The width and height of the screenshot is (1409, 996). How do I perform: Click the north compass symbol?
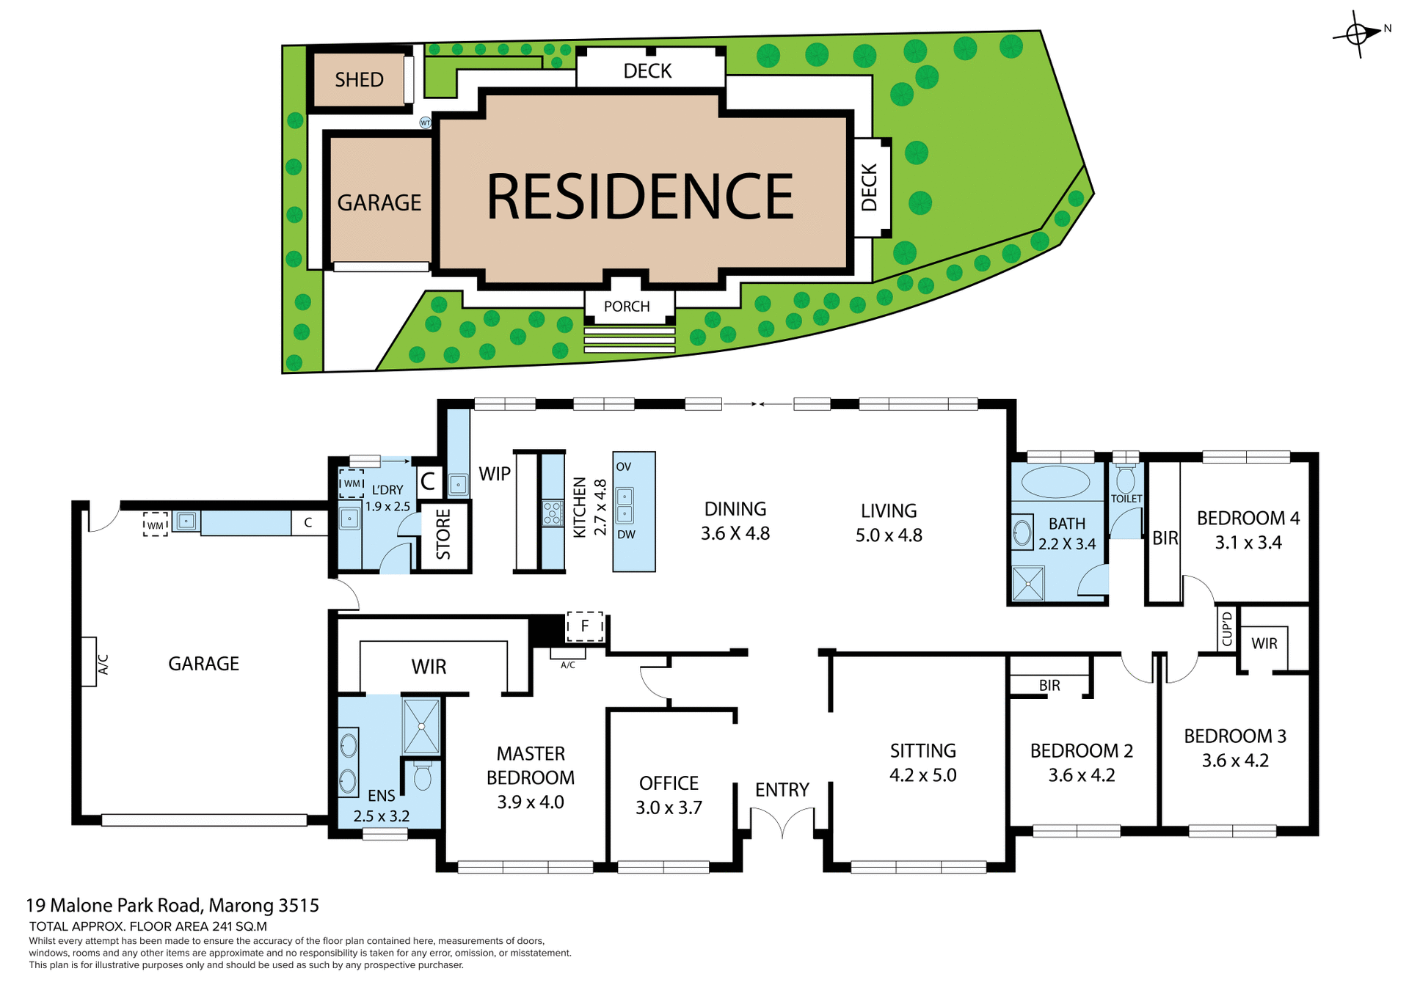pyautogui.click(x=1358, y=34)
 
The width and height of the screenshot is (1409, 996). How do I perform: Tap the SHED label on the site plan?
pyautogui.click(x=359, y=80)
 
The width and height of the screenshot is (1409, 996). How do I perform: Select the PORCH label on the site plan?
pyautogui.click(x=627, y=307)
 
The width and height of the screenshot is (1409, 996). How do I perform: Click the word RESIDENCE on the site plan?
pyautogui.click(x=640, y=197)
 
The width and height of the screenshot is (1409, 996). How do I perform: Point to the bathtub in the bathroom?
pyautogui.click(x=1056, y=483)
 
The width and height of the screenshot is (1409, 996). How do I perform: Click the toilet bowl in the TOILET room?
pyautogui.click(x=1125, y=480)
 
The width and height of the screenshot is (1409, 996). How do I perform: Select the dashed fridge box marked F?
pyautogui.click(x=585, y=626)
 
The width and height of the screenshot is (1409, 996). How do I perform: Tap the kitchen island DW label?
pyautogui.click(x=626, y=535)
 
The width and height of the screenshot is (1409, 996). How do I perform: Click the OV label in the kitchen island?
pyautogui.click(x=624, y=466)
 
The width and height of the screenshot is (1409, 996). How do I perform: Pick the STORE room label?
pyautogui.click(x=443, y=535)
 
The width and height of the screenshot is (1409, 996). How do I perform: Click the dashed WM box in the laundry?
pyautogui.click(x=352, y=483)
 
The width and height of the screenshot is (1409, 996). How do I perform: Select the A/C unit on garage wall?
pyautogui.click(x=90, y=662)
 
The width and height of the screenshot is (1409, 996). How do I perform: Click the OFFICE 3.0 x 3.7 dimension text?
pyautogui.click(x=669, y=808)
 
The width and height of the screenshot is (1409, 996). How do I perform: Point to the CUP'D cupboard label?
pyautogui.click(x=1227, y=629)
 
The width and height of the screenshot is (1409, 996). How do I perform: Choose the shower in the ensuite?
pyautogui.click(x=421, y=726)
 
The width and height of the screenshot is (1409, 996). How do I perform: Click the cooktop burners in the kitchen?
pyautogui.click(x=552, y=513)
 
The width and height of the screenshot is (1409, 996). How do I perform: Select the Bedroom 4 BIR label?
pyautogui.click(x=1165, y=538)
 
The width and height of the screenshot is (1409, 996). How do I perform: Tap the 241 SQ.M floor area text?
pyautogui.click(x=239, y=926)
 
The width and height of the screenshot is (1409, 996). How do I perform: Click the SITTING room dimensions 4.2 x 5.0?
pyautogui.click(x=922, y=775)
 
